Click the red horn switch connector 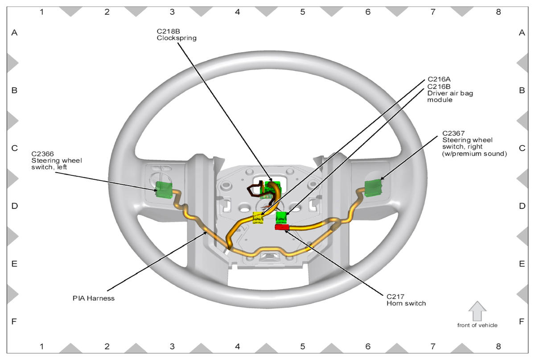point(282,228)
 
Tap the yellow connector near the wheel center point(258,218)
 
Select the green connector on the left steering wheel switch point(164,190)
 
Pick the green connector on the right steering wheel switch point(374,187)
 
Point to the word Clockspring point(177,38)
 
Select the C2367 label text point(453,133)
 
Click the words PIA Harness point(94,298)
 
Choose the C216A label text point(439,80)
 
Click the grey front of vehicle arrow point(477,310)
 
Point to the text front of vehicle point(477,325)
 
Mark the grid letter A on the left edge point(14,33)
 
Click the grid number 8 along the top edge point(498,12)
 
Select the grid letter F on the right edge point(522,321)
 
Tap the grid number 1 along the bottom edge point(42,347)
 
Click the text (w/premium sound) point(474,154)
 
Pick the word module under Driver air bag point(440,100)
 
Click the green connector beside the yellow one point(281,217)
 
